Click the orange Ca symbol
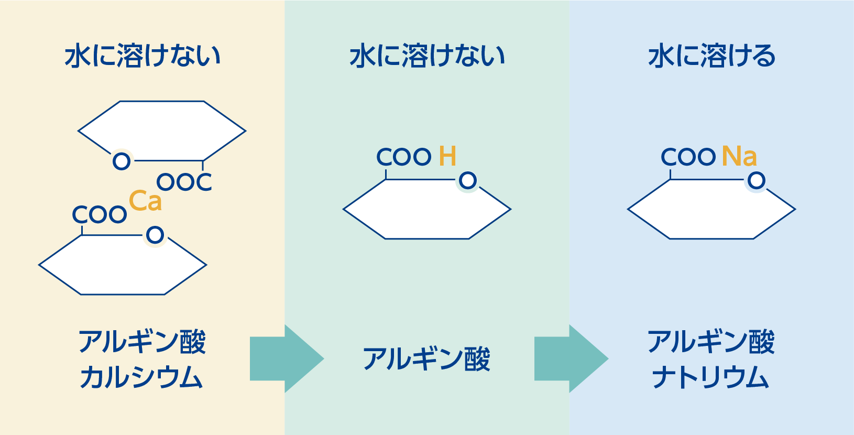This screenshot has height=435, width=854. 145,201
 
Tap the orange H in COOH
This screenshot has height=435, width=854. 447,156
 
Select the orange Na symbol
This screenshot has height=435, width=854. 739,156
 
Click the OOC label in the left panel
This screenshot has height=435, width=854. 184,182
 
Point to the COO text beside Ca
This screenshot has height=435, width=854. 100,214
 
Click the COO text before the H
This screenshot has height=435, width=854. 404,157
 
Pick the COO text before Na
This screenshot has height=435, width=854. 688,157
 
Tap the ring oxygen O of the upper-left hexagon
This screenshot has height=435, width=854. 122,161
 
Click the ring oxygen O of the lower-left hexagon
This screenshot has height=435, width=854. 155,235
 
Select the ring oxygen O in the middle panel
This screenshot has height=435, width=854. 468,181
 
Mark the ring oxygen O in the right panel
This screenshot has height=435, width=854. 757,181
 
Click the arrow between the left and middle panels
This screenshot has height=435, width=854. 286,358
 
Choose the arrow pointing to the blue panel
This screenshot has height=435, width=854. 571,358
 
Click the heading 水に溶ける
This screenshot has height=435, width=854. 711,56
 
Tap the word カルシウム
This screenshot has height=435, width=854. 141,377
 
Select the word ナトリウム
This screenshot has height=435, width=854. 710,377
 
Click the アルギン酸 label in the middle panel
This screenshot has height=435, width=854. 426,359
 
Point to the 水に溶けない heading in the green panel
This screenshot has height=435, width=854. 427,56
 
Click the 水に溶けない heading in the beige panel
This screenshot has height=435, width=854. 143,56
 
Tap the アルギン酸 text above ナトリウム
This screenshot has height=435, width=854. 710,342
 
